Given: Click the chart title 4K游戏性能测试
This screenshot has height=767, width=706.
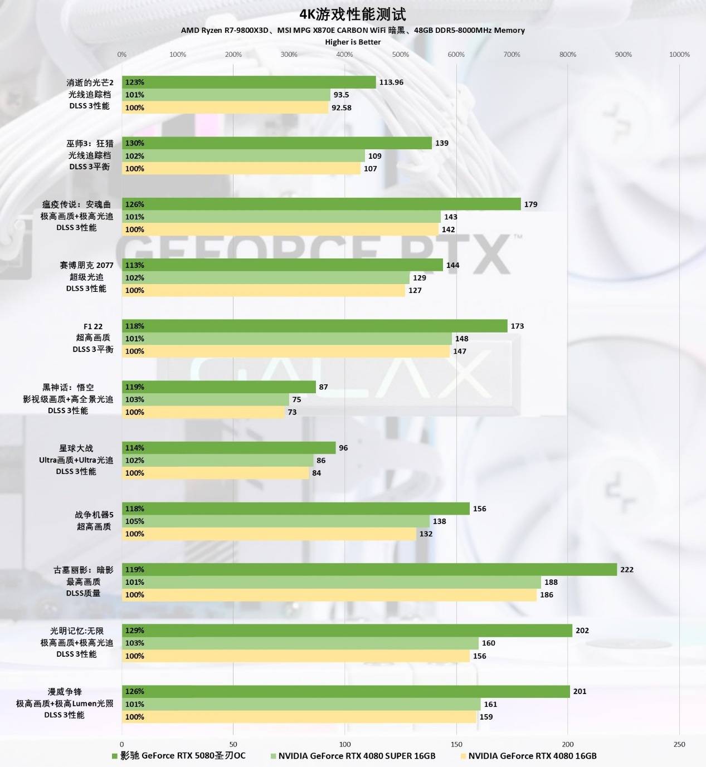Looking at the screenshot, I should point(353,14).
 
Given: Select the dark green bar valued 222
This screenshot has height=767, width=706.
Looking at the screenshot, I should point(369,569).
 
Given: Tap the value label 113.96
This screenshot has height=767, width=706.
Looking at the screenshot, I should point(391,82).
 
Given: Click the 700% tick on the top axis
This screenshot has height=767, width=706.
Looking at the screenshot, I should point(512,55).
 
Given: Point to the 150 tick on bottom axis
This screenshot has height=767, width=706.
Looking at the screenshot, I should point(456,744).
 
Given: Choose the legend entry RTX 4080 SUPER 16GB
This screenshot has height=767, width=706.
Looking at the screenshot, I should point(356,756).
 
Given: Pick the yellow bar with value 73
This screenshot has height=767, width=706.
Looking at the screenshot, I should point(203,412).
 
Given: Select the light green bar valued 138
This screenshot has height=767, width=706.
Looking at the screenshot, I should point(276,521).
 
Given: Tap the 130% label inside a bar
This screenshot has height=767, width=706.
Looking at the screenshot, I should point(135,143).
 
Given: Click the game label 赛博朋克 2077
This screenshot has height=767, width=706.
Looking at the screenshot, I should point(86,265).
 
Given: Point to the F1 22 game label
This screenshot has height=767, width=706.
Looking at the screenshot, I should point(93,326).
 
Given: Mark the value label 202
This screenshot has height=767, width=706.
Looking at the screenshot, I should point(582,631).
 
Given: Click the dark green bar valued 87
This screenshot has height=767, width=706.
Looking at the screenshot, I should point(218,387).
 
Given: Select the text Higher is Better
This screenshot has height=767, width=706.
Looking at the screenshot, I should point(353,42).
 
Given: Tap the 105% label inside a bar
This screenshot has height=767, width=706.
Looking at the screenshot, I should point(135,521).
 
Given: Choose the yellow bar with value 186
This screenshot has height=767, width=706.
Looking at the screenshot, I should point(329,595).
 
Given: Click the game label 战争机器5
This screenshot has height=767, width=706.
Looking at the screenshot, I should point(94,515).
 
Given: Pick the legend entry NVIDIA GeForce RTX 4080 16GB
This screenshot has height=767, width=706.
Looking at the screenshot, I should point(532,756).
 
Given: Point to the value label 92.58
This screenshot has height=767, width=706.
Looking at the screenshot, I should point(341,108).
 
